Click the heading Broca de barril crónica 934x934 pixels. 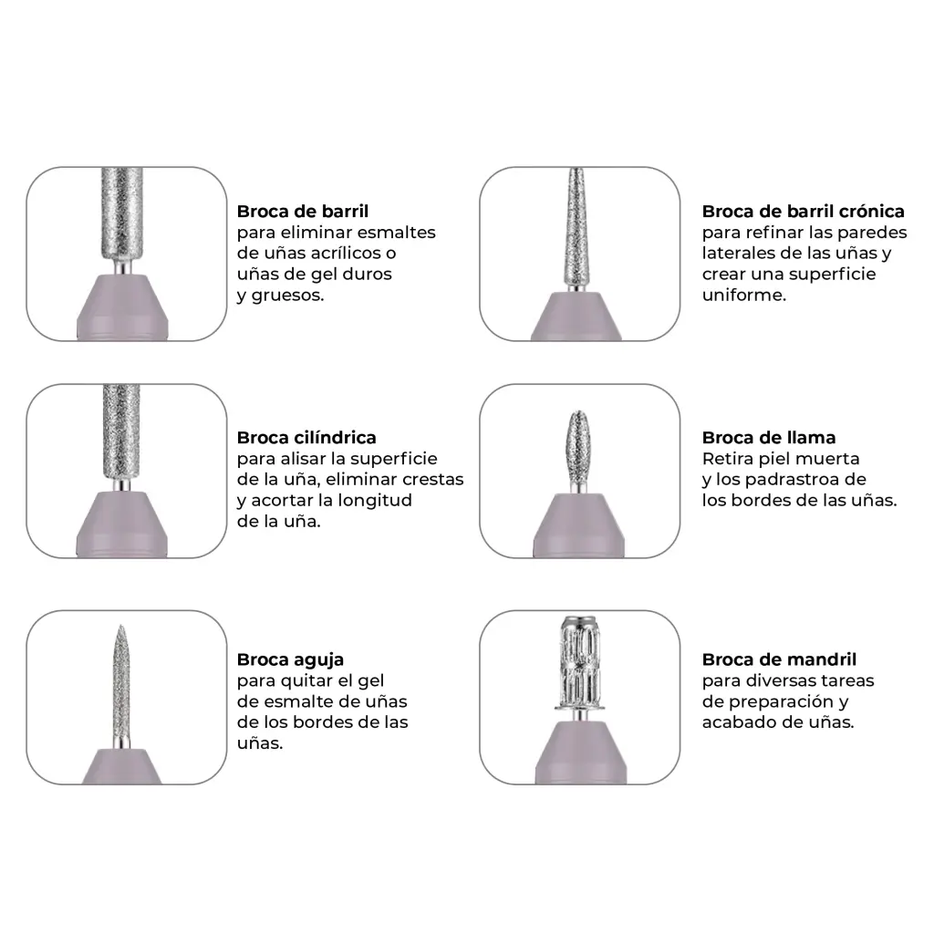click(x=803, y=212)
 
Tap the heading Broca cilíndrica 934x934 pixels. click(x=306, y=438)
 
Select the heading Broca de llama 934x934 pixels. click(x=768, y=438)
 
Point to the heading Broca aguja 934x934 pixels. click(x=290, y=660)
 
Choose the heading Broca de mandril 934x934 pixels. click(x=779, y=659)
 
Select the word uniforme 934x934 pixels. click(x=744, y=295)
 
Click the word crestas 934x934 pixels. click(x=433, y=480)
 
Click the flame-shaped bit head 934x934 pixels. click(x=576, y=447)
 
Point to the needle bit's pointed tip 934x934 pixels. click(x=121, y=626)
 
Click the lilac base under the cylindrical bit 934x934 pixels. click(x=122, y=524)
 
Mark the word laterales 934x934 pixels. click(x=741, y=254)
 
